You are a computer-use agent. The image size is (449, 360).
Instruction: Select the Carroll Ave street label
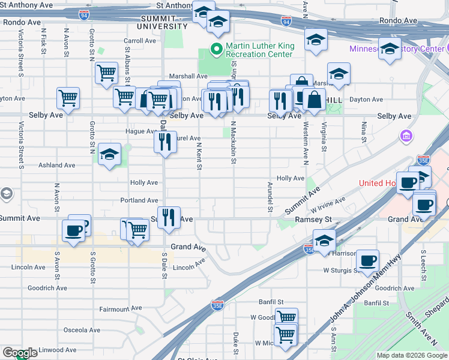point(140,41)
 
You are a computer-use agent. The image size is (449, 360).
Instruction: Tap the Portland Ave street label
point(139,200)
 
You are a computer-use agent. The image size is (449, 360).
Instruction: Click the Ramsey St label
point(313,220)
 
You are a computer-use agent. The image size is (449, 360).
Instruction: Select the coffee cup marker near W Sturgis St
point(368,260)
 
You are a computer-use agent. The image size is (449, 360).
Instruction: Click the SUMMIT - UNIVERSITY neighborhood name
point(162,22)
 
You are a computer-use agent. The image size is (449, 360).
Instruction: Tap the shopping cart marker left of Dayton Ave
point(68,97)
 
